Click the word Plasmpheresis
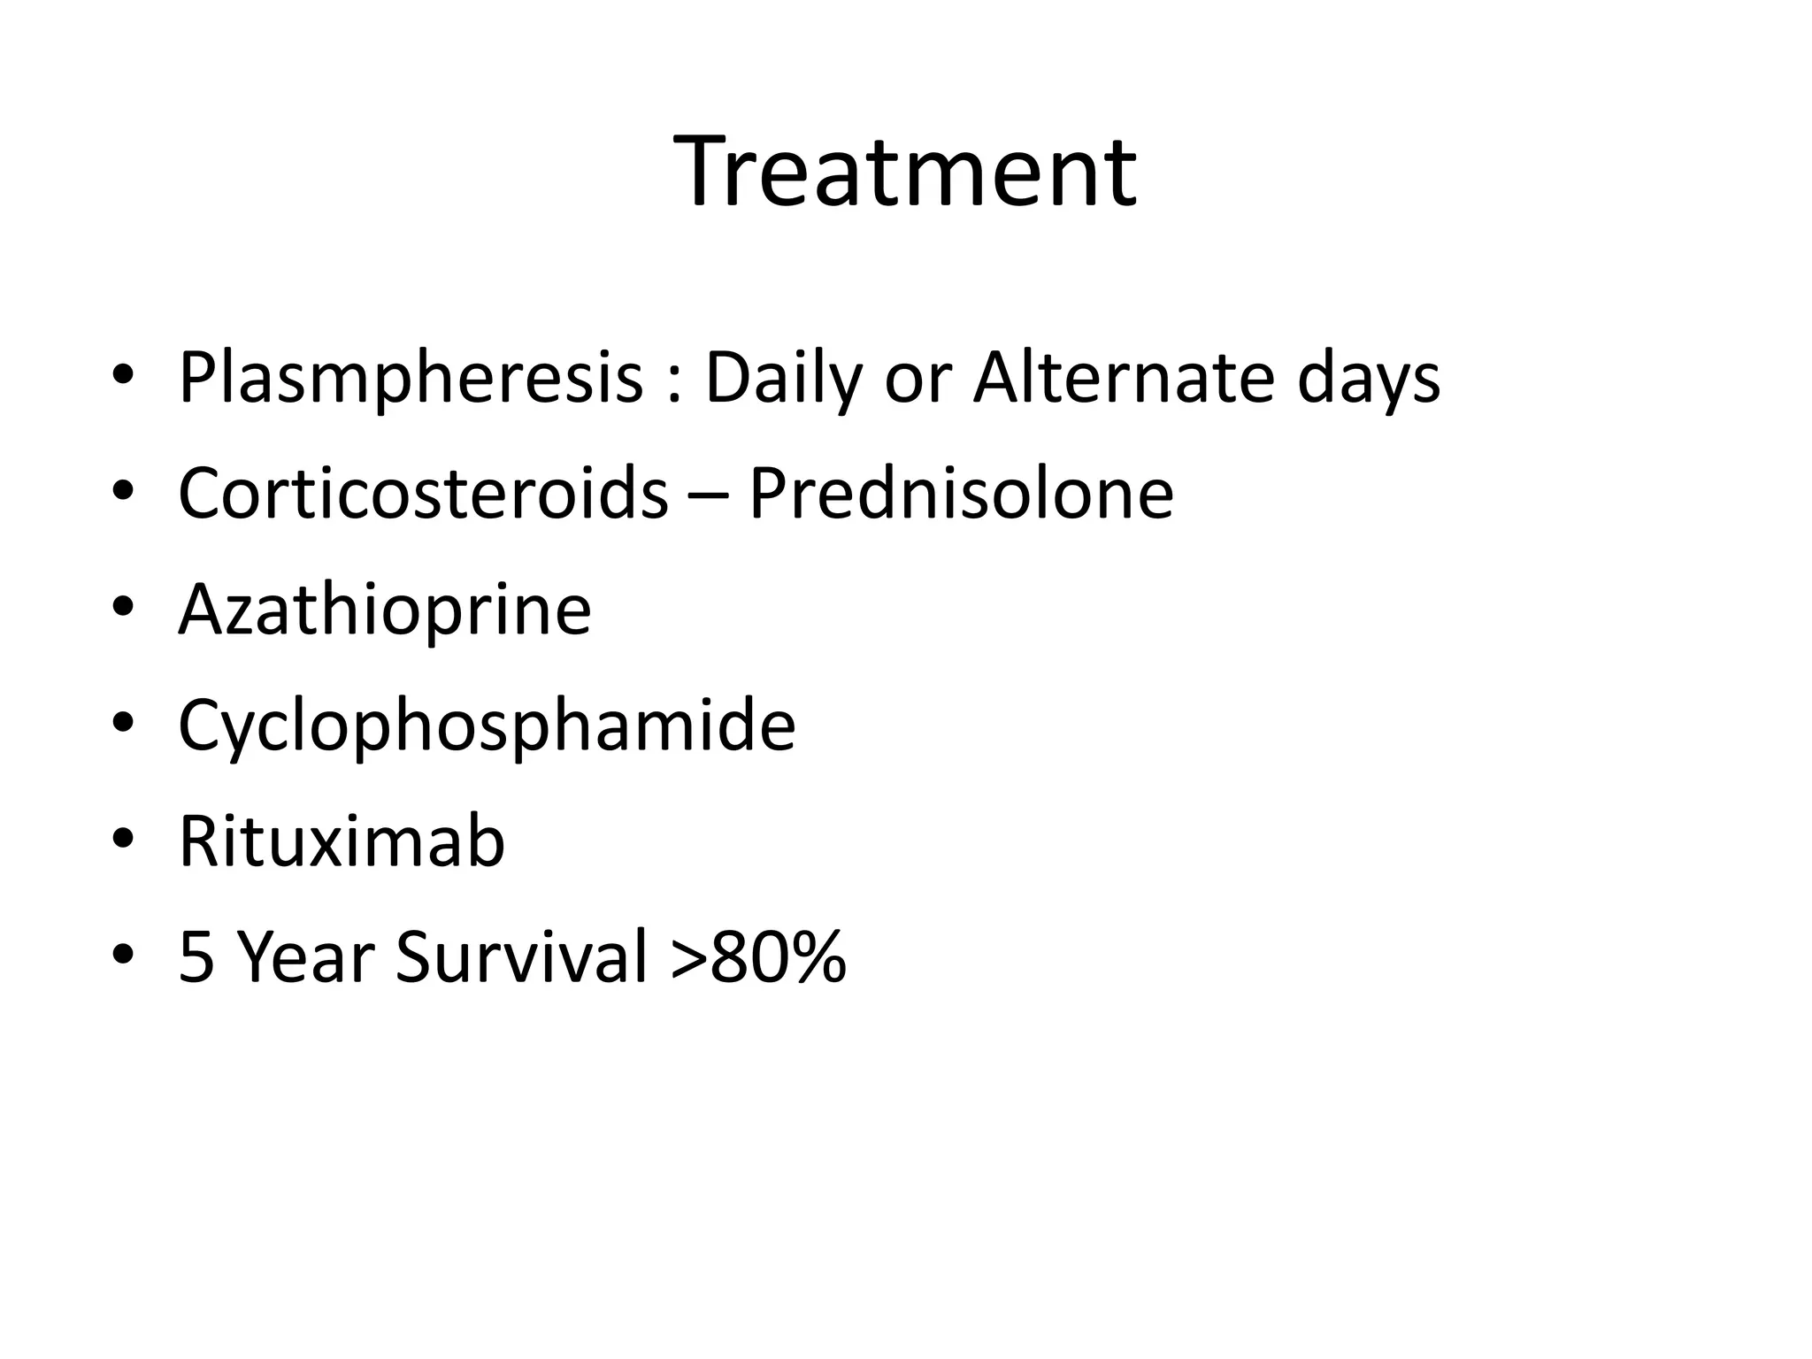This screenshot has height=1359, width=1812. coord(411,379)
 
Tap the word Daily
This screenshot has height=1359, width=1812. coord(783,379)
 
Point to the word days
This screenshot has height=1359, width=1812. coord(1369,379)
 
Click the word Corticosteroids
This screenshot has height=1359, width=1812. coord(423,493)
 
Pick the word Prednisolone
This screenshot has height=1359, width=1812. coord(961,493)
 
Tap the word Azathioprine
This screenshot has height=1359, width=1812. coord(385,610)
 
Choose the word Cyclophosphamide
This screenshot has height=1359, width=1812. coord(487,726)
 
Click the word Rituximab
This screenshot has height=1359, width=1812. coord(342,841)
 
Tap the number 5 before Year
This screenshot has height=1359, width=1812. coord(196,957)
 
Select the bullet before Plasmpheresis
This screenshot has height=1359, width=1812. coord(123,376)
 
